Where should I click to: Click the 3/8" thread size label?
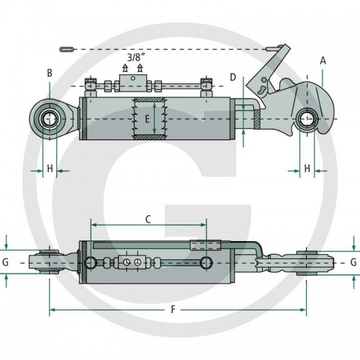click(x=136, y=58)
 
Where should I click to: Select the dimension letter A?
click(x=323, y=60)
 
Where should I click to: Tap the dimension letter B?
click(x=50, y=73)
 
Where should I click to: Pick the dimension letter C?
click(x=148, y=219)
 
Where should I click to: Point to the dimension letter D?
click(x=233, y=77)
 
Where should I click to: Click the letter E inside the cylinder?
click(x=147, y=119)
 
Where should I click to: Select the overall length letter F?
click(x=173, y=310)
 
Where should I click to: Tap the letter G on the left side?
click(x=5, y=262)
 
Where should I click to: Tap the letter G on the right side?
click(x=354, y=262)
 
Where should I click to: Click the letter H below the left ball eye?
click(x=50, y=168)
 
